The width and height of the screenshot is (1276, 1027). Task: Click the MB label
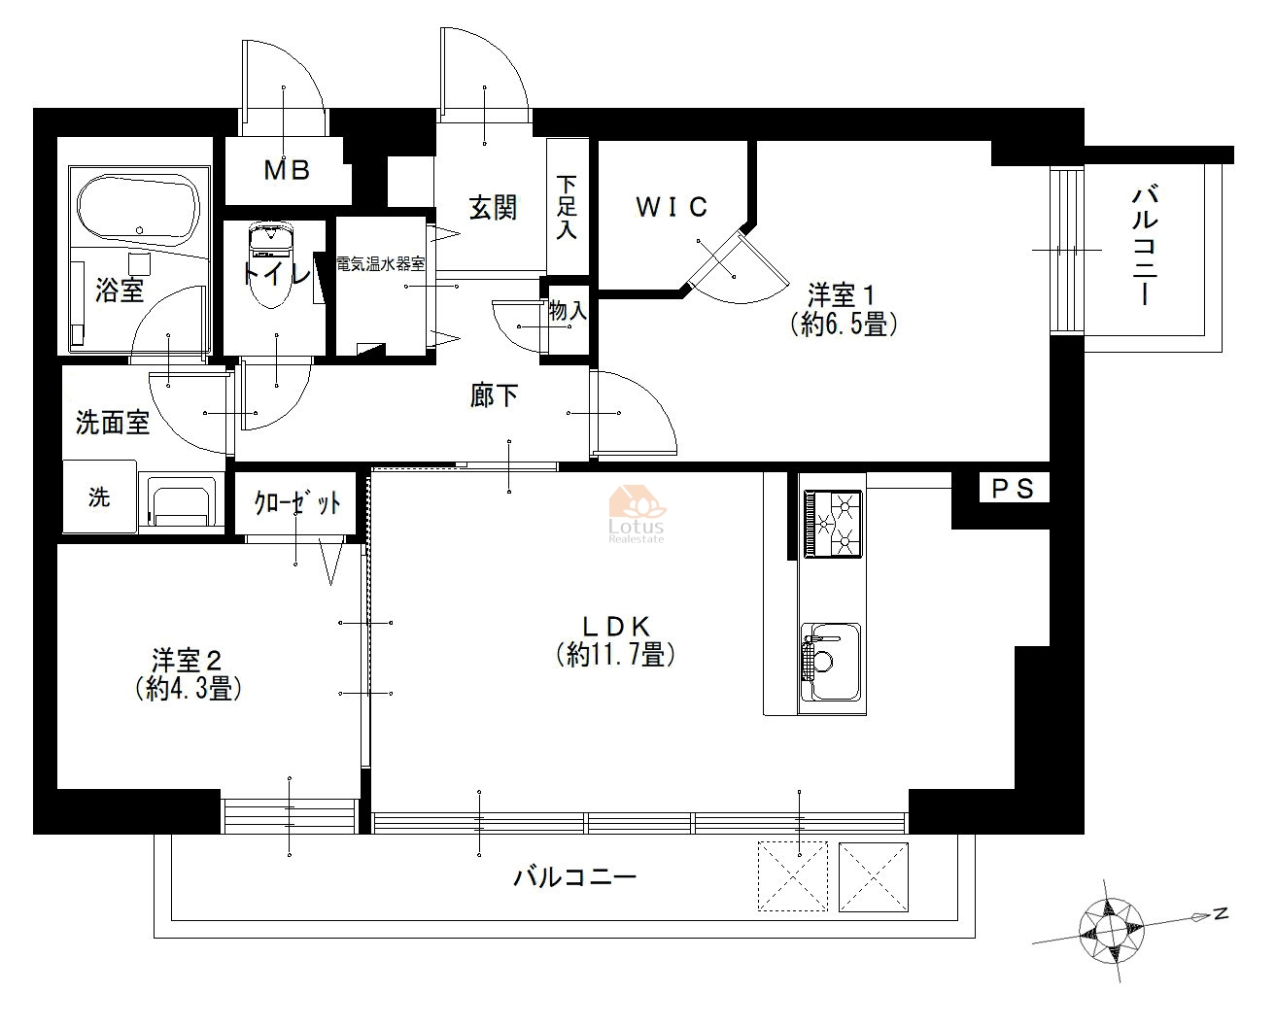tap(287, 171)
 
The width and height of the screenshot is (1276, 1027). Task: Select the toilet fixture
tap(271, 264)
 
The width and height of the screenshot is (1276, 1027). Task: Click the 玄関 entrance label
tap(493, 208)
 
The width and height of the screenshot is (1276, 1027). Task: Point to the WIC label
tap(672, 207)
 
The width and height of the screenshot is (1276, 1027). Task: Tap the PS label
tap(1013, 489)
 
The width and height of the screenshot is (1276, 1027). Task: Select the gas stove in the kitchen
tap(833, 524)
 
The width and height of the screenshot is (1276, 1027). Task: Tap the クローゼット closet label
tap(297, 503)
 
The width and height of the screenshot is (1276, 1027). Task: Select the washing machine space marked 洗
tap(100, 496)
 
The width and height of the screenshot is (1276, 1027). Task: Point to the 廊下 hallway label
tap(494, 395)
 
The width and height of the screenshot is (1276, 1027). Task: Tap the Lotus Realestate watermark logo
tap(637, 513)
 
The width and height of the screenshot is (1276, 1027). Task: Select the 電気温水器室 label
tap(381, 264)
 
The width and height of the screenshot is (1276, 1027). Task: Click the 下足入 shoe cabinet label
tap(567, 207)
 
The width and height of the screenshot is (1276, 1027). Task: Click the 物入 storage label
tap(568, 310)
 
